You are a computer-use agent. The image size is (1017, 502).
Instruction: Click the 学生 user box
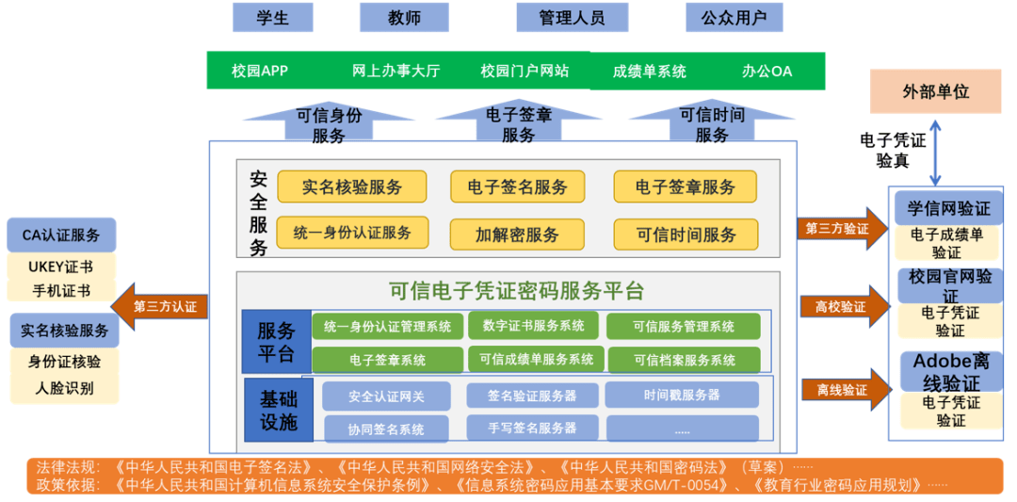click(272, 17)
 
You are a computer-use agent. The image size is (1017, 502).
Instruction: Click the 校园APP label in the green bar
click(259, 71)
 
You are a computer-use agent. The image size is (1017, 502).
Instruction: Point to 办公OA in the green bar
click(767, 71)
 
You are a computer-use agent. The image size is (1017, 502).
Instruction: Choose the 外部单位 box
click(934, 91)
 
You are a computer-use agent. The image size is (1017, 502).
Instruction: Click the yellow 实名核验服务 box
click(351, 186)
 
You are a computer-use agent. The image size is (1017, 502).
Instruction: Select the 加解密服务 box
click(517, 234)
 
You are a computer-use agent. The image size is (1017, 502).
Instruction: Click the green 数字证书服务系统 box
click(533, 326)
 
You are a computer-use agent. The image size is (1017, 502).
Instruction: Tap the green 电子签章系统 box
click(386, 360)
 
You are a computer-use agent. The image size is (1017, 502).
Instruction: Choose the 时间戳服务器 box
click(682, 395)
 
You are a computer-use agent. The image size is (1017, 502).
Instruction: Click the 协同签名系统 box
click(386, 429)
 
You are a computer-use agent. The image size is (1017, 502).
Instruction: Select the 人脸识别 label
click(64, 387)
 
